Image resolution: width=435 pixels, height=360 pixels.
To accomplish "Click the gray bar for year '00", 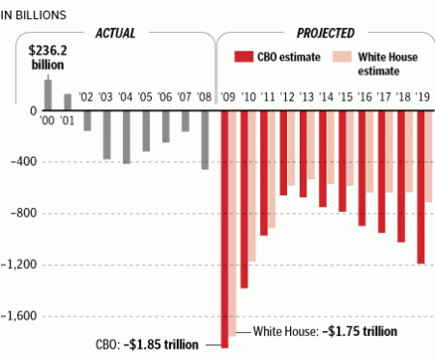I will point(47,95).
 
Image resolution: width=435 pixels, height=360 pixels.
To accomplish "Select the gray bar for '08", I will point(205,140).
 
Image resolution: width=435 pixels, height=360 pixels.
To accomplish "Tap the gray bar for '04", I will point(126,136).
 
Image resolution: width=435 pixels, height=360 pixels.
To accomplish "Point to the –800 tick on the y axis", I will point(18,213).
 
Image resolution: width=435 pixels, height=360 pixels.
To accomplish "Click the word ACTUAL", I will point(114,32).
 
